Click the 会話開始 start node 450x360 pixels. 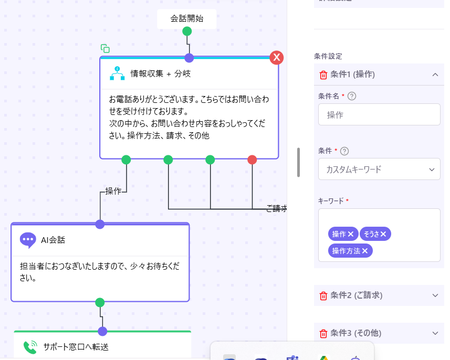pos(186,19)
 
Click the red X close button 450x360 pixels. pos(277,58)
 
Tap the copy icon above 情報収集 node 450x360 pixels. pos(105,48)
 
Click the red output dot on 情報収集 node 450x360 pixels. pos(252,160)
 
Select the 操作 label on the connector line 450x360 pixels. pos(113,191)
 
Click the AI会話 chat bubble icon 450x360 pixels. pos(28,240)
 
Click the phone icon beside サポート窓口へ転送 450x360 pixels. pos(30,347)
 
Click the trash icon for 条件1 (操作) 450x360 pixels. pos(323,75)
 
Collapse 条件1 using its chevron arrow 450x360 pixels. pos(435,75)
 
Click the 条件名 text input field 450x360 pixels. pos(379,114)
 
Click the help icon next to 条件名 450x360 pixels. pos(352,96)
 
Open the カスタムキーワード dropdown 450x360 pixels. pos(379,169)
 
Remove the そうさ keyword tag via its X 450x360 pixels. pos(383,234)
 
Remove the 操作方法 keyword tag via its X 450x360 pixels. pos(364,251)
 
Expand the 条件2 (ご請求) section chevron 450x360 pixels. pos(435,295)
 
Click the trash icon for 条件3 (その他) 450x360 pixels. pos(323,333)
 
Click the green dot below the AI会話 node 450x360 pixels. pos(100,302)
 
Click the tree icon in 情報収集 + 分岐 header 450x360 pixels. pos(117,73)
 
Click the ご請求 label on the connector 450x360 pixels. pos(276,208)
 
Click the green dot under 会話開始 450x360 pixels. pos(186,31)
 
